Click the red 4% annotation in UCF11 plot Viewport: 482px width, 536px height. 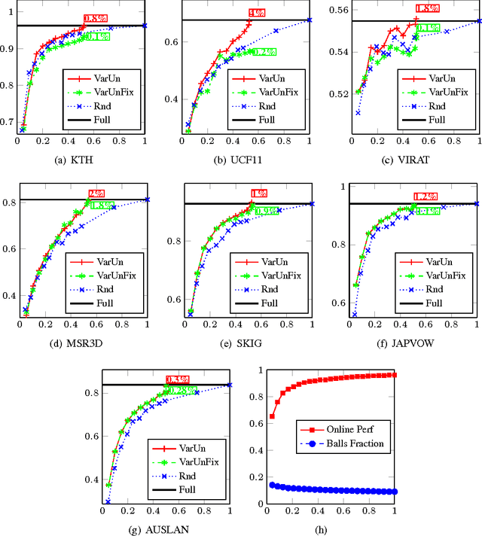pyautogui.click(x=256, y=14)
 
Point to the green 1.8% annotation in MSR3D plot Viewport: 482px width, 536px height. pyautogui.click(x=102, y=204)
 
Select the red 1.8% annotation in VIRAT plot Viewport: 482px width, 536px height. pyautogui.click(x=427, y=8)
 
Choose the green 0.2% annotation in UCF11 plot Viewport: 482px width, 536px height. pyautogui.click(x=263, y=52)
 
